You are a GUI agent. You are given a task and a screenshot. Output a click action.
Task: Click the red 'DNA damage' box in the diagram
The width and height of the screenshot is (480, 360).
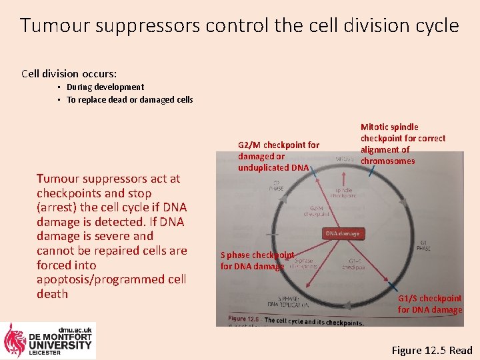pos(343,233)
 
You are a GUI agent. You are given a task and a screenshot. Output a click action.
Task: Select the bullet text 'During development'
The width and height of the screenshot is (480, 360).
pos(105,87)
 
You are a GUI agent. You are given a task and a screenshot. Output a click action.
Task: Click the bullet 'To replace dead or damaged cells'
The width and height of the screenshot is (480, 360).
pos(129,100)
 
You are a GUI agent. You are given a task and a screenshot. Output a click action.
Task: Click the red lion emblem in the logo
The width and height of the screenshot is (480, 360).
pos(15,340)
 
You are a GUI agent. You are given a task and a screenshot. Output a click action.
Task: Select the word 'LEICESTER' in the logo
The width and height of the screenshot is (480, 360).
pos(44,353)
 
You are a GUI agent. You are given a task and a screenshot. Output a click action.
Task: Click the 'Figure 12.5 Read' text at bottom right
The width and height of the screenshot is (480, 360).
pos(431,350)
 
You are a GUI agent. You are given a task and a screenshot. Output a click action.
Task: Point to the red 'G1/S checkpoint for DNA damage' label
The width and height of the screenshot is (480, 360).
pos(429,304)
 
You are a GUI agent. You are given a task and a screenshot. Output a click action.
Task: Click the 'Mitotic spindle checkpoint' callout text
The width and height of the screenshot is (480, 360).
pos(402,143)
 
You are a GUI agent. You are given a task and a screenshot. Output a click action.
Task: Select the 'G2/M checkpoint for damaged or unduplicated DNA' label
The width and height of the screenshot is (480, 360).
pos(278,156)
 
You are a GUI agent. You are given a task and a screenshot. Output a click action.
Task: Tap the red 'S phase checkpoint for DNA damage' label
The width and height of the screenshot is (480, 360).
pos(257,261)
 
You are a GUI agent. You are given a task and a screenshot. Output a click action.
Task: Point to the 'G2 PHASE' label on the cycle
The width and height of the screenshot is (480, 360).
pos(275,186)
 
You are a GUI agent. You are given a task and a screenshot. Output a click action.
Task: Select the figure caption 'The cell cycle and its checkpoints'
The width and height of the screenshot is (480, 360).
pos(313,321)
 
